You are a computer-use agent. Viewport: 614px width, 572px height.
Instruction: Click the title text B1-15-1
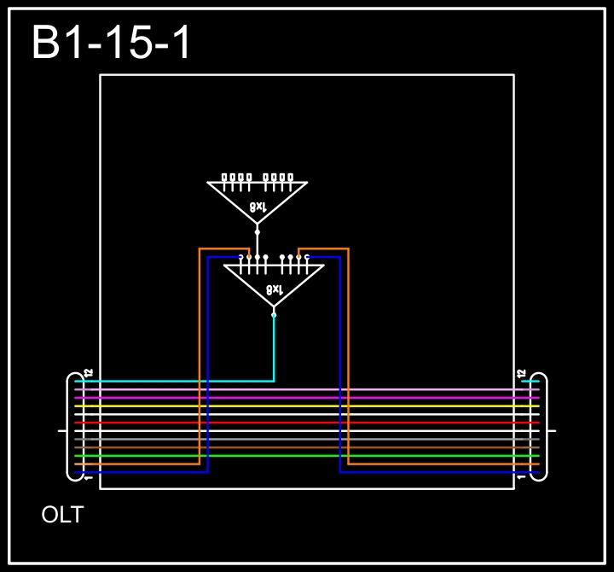coord(112,43)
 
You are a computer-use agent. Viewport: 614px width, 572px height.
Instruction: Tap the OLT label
coord(62,515)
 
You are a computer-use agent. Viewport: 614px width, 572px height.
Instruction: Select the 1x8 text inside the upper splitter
coord(258,207)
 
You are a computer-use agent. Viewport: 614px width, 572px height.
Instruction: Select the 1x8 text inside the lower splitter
coord(274,289)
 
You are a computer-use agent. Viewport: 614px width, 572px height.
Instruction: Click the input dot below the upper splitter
coord(258,231)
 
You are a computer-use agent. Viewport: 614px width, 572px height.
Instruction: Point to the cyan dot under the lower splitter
coord(274,315)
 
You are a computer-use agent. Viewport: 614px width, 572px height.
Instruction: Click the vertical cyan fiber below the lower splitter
coord(274,350)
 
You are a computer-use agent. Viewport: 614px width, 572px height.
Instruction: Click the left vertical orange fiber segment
coord(200,359)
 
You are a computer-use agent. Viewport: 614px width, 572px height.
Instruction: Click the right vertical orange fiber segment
coord(348,359)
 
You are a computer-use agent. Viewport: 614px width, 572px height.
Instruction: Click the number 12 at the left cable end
coord(89,373)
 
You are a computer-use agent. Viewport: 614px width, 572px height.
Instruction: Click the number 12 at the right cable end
coord(522,373)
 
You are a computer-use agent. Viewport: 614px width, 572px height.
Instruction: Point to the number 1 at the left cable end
coord(89,477)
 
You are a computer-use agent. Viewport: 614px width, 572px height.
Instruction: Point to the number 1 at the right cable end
coord(522,477)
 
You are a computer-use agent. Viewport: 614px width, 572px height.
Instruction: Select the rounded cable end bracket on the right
coord(542,427)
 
